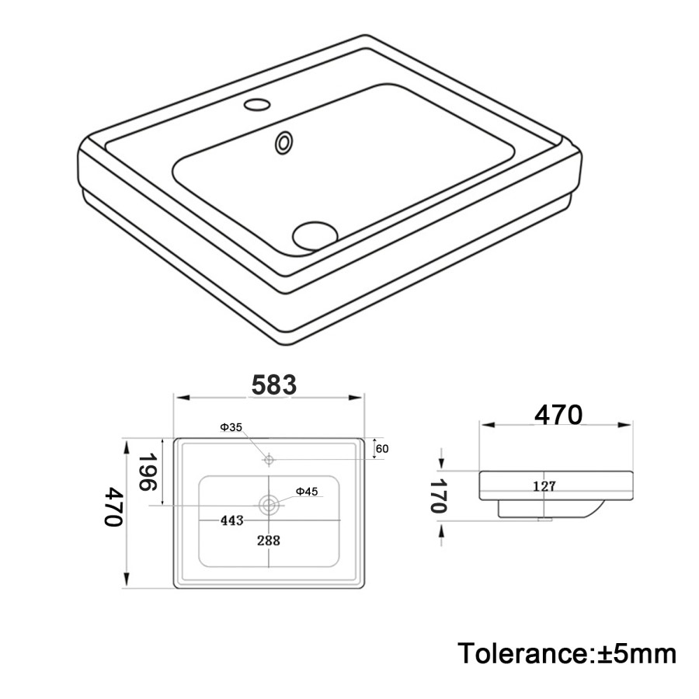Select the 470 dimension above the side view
558,416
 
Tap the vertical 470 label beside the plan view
114,508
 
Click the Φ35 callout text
231,428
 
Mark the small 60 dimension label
382,448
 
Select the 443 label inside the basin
231,520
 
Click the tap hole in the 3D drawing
254,103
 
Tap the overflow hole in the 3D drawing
285,141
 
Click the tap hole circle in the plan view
269,459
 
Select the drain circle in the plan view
270,505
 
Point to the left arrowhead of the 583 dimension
178,398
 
